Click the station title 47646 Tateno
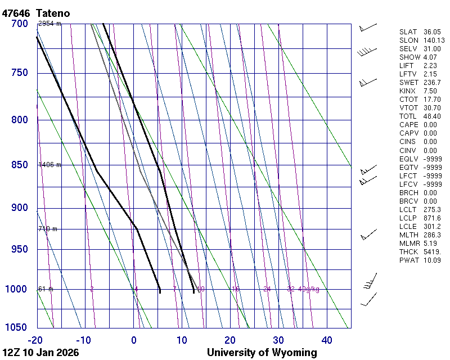[x=39, y=13]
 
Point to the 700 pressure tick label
[x=20, y=24]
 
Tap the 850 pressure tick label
[x=20, y=165]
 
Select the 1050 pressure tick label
[x=17, y=328]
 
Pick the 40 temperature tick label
[x=327, y=340]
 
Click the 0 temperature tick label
[x=134, y=340]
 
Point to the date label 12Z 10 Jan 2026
[x=40, y=353]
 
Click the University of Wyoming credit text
[x=262, y=353]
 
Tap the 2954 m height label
[x=49, y=24]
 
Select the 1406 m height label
[x=49, y=165]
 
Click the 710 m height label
[x=48, y=229]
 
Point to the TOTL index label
[x=409, y=116]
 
